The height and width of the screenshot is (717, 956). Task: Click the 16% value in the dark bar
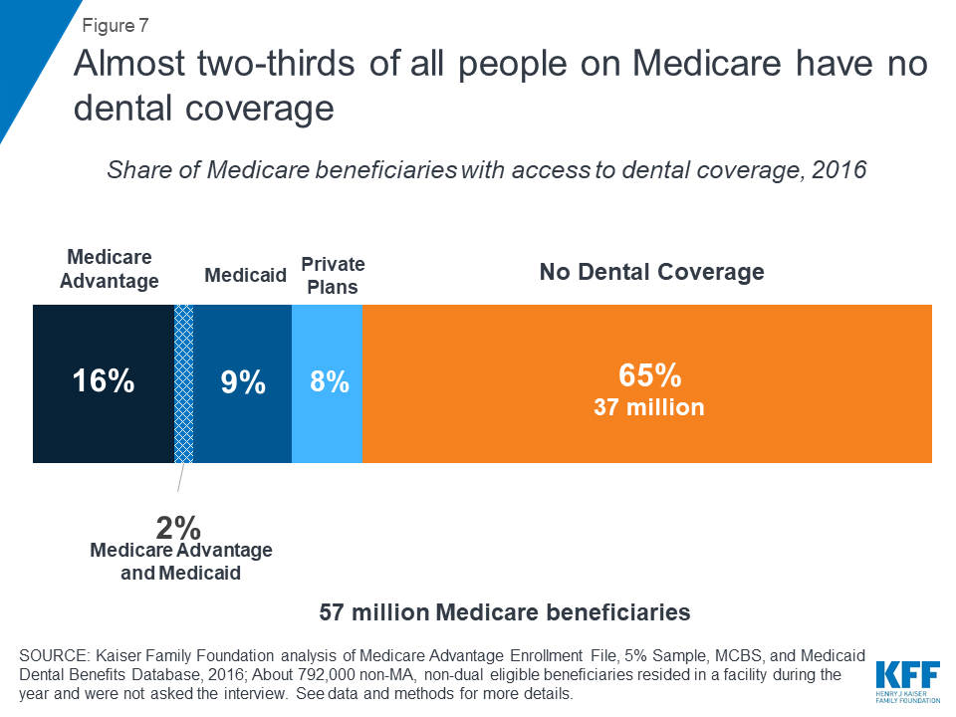point(103,381)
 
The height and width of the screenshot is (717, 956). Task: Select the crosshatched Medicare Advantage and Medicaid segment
point(184,383)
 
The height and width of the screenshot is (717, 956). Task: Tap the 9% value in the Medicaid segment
point(244,381)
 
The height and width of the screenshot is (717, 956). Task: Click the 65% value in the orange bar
point(649,375)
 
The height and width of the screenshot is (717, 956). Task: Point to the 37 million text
point(649,407)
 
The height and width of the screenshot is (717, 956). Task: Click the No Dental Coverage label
point(651,272)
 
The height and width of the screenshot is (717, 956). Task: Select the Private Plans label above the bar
point(333,276)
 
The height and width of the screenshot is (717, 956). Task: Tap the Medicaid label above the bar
point(245,275)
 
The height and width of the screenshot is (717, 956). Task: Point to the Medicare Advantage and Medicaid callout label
point(180,562)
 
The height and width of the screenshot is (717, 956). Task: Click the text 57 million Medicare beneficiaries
point(505,612)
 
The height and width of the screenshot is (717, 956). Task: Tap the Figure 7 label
point(116,25)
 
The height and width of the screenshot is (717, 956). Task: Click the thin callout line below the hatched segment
point(180,478)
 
